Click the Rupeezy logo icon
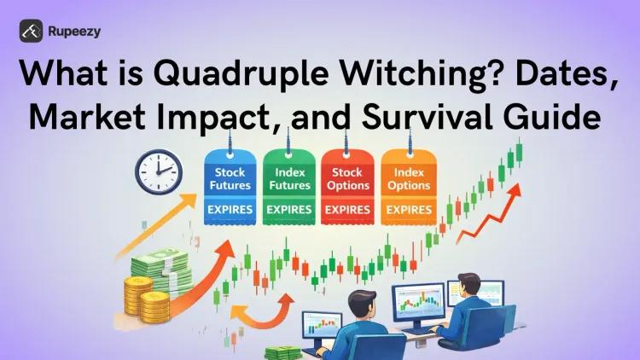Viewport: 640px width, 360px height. click(32, 32)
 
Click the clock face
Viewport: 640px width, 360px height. click(159, 171)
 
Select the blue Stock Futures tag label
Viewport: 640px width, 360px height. click(229, 178)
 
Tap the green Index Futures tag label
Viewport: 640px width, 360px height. click(288, 178)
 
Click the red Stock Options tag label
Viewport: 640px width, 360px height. click(347, 178)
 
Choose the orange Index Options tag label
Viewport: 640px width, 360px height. click(407, 178)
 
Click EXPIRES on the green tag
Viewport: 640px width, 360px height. click(288, 209)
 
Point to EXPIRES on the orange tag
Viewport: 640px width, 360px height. click(407, 209)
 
